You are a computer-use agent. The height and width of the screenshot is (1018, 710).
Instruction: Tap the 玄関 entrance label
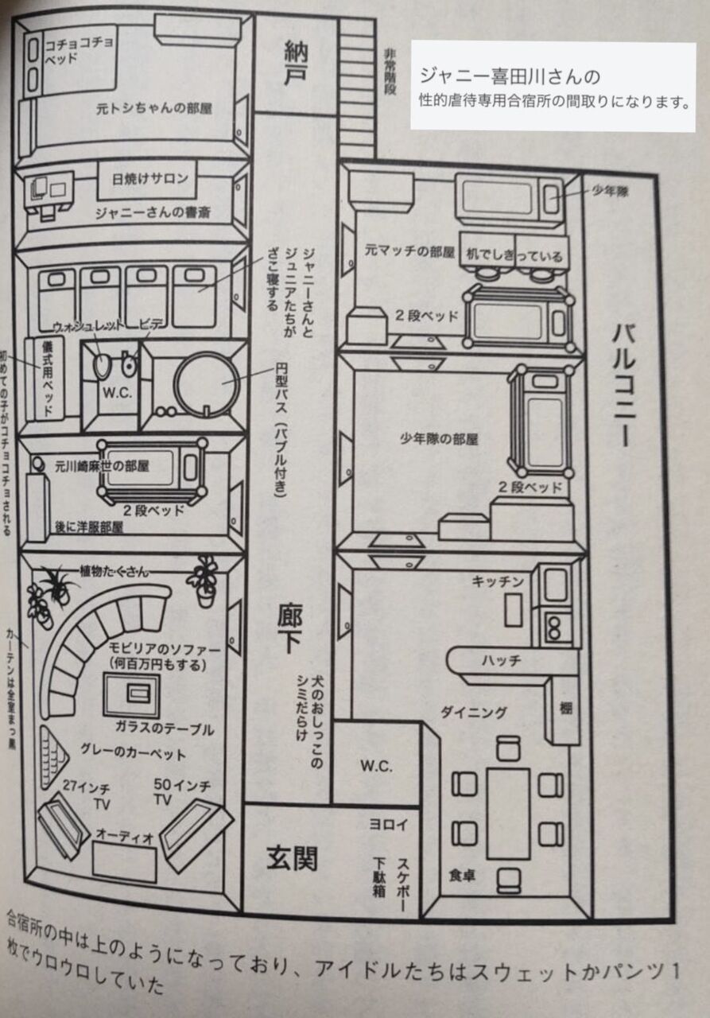tap(293, 857)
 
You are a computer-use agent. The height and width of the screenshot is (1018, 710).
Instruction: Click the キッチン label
tap(498, 582)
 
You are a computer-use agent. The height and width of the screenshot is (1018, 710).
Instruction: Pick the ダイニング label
tap(474, 713)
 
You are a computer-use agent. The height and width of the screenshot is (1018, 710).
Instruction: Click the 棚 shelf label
tap(565, 708)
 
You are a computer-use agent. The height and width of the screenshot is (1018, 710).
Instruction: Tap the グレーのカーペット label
tap(133, 753)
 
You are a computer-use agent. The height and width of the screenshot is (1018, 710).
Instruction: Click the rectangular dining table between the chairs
tap(508, 812)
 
